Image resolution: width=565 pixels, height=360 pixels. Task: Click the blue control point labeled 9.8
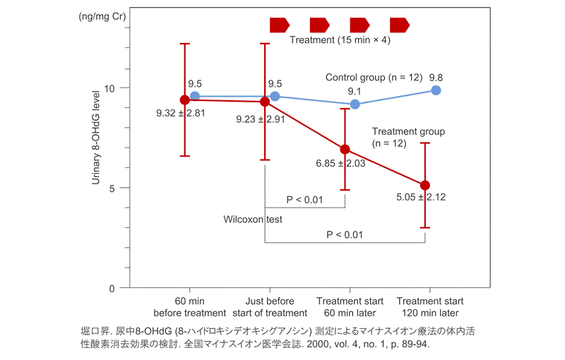click(x=436, y=90)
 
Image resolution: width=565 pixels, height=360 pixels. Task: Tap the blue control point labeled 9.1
click(x=355, y=104)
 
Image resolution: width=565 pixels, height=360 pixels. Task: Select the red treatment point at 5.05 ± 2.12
click(x=425, y=185)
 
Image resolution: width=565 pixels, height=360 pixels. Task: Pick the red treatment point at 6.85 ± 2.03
click(x=345, y=150)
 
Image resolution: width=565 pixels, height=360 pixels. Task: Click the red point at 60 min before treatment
click(x=185, y=100)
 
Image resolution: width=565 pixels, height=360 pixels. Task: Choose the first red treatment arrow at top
click(x=280, y=25)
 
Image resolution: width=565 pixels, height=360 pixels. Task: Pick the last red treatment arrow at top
click(x=400, y=25)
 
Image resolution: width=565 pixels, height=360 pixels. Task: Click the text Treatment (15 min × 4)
click(x=340, y=41)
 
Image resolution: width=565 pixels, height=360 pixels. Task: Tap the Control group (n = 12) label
click(x=371, y=77)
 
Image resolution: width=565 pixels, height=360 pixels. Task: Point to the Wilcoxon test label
click(x=253, y=220)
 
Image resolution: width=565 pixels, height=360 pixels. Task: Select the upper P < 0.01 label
click(x=304, y=200)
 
